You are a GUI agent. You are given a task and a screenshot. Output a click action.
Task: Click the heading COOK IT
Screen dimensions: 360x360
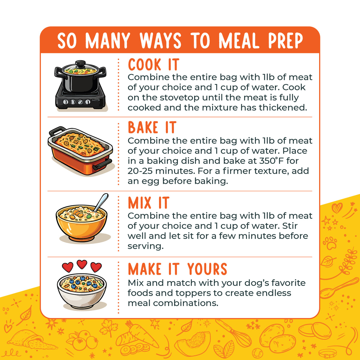[x=154, y=64]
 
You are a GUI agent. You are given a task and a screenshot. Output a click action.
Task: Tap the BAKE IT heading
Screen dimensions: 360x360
[x=152, y=127]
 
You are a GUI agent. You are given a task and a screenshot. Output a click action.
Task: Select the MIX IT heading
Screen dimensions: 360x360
[x=149, y=202]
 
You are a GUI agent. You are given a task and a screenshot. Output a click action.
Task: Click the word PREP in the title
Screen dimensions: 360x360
[x=286, y=40]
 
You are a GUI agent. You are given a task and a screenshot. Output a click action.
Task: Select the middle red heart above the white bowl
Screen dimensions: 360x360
[x=82, y=264]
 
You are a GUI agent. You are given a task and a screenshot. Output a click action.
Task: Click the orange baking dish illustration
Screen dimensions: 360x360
[x=81, y=151]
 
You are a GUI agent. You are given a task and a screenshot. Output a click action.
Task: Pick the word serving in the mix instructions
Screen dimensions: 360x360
[x=145, y=246]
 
